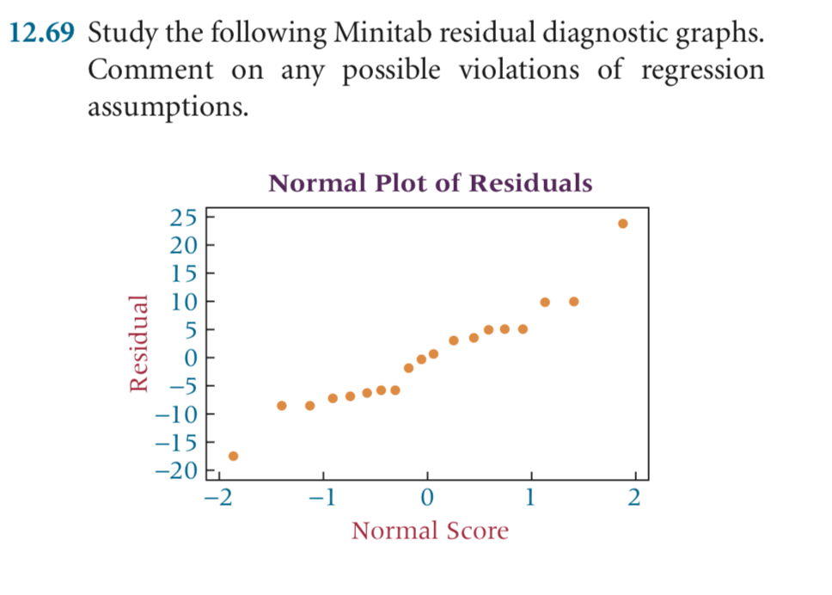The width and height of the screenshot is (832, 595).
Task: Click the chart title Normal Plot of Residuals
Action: point(430,183)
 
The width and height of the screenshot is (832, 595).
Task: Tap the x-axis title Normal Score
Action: point(430,531)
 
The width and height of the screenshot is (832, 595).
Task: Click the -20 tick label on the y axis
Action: point(178,470)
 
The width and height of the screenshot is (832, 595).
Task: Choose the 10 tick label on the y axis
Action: point(185,302)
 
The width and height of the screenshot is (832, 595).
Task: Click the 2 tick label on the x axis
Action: point(634,497)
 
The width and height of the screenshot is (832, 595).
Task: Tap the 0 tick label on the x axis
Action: point(427,497)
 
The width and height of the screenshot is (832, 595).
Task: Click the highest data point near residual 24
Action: point(623,224)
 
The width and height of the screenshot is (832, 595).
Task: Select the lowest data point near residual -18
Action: point(233,456)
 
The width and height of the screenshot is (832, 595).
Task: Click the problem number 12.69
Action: point(43,35)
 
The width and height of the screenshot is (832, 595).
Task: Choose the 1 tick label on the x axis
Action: point(531,497)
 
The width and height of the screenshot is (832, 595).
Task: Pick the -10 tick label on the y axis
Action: point(178,414)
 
